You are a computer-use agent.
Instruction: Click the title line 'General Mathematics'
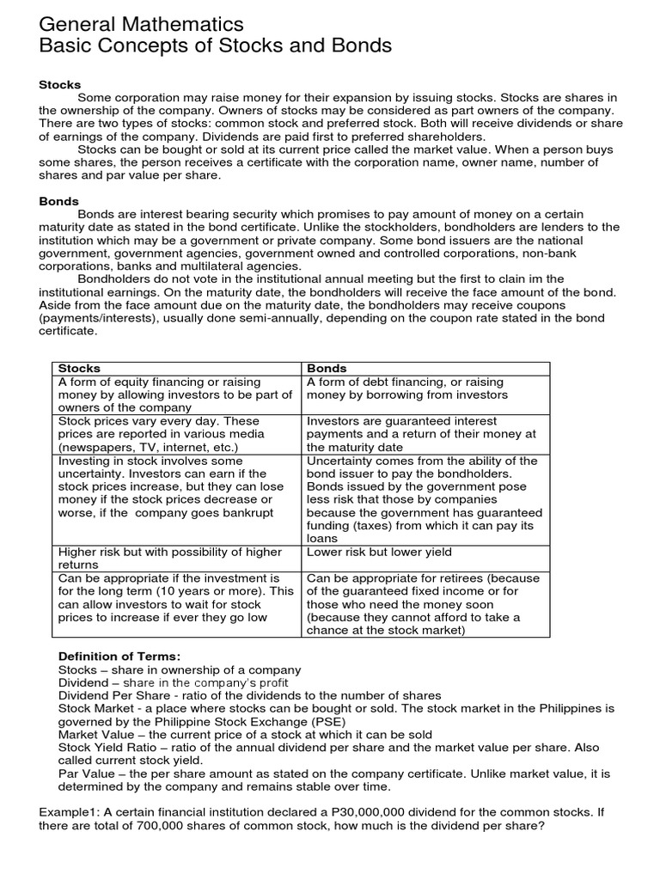[x=142, y=23]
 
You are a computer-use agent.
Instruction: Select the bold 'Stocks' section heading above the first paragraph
[x=60, y=84]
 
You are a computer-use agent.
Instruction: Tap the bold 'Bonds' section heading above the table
[x=59, y=201]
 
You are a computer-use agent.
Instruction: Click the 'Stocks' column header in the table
[x=79, y=368]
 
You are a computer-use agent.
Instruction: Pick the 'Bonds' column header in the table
[x=327, y=368]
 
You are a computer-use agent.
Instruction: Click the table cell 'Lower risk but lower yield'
[x=379, y=552]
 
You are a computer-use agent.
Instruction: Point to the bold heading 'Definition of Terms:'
[x=119, y=657]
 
